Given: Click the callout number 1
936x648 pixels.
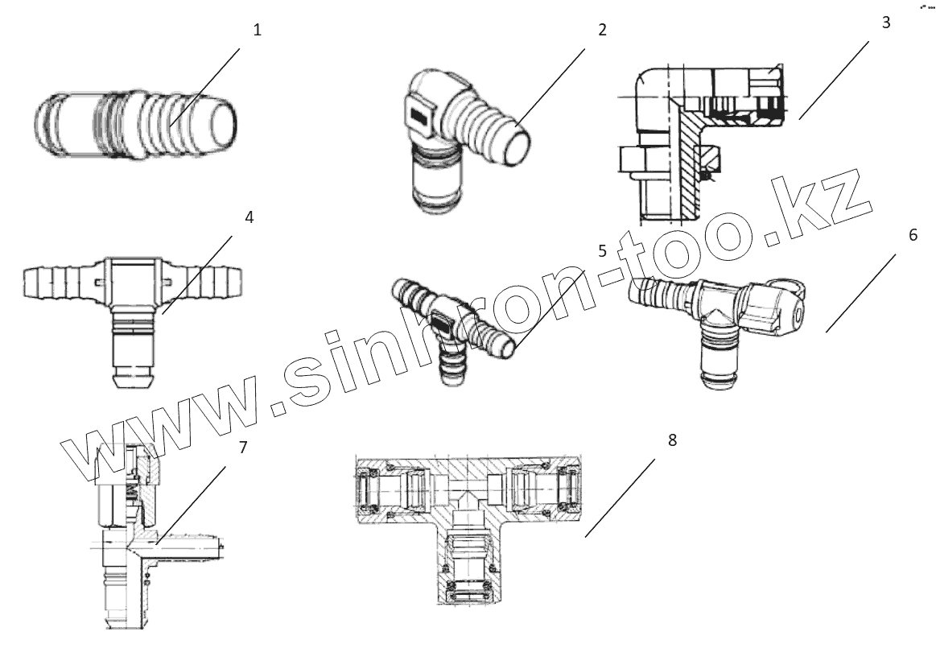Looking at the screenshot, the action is (257, 31).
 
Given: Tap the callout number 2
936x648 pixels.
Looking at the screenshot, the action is (601, 31).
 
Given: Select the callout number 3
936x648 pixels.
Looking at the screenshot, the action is (886, 22).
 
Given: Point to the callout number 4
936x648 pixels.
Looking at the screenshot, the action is (249, 218).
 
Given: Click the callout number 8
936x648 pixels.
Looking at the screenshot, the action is (672, 440).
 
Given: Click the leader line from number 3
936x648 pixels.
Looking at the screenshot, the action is (834, 80).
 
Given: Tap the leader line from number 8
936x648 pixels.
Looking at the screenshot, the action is (620, 498).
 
